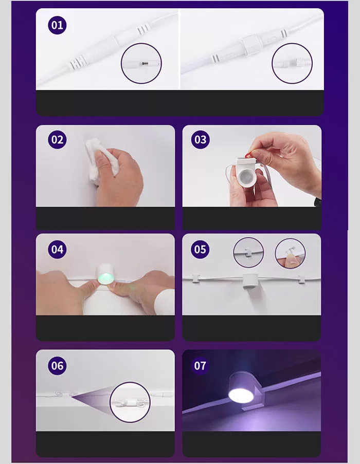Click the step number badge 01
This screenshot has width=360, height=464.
(57, 25)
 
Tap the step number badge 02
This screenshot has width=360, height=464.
(57, 140)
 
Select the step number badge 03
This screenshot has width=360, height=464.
(201, 140)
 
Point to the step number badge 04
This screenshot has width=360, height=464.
(57, 249)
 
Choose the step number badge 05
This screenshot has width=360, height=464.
(200, 249)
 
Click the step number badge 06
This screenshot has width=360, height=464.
(57, 366)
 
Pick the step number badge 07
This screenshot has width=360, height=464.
(200, 366)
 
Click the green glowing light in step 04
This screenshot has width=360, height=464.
(105, 279)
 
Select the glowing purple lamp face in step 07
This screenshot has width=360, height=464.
(241, 395)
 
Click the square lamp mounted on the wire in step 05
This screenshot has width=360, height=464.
(250, 281)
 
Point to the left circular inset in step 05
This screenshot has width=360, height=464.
(248, 252)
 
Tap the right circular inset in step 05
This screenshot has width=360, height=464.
(290, 253)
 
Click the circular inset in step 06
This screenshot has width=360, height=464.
(130, 402)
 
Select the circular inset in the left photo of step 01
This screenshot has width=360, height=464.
(141, 63)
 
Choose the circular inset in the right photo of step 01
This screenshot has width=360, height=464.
(292, 63)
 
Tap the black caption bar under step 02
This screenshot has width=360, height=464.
(105, 218)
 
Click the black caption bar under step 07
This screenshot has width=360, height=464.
(251, 444)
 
